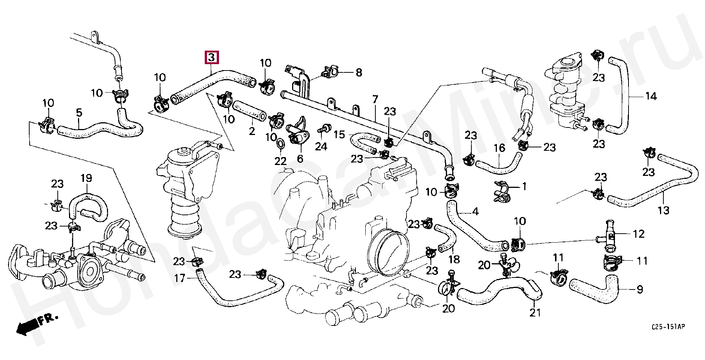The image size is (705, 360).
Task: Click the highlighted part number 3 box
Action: [211, 57]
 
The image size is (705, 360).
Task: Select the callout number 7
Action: [375, 99]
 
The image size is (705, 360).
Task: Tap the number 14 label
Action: [651, 96]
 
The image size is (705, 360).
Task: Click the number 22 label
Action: [280, 161]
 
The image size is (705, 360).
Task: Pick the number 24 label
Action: [321, 146]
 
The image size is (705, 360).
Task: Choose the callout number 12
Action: [638, 234]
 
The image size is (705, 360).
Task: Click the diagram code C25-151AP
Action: [668, 327]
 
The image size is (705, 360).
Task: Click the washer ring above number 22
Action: [280, 144]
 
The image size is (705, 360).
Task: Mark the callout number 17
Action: [180, 278]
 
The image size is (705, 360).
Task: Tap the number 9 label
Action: [640, 289]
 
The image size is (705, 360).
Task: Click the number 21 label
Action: [535, 312]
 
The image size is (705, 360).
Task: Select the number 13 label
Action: [663, 210]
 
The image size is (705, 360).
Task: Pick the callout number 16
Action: [499, 148]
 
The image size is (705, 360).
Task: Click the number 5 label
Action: [79, 112]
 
